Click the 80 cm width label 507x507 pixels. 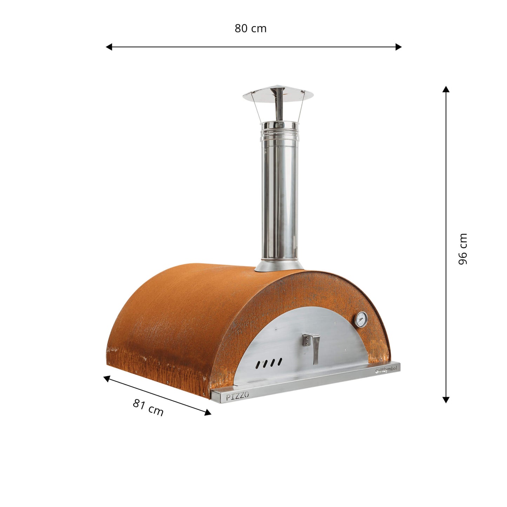point(251,28)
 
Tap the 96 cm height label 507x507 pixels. point(463,249)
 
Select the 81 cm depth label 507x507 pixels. point(148,407)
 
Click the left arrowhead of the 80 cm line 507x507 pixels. point(109,47)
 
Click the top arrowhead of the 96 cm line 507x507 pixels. point(446,89)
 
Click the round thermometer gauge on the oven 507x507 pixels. point(361,320)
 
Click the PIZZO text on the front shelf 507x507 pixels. point(237,396)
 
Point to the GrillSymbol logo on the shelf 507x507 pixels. point(386,370)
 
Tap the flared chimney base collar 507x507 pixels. point(279,266)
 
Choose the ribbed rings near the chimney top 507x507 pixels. point(279,133)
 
